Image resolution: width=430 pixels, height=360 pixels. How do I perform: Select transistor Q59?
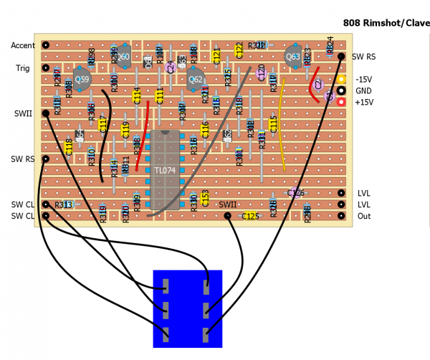82,78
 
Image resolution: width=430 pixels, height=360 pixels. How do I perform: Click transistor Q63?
293,56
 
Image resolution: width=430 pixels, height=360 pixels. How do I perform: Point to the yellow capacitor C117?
102,124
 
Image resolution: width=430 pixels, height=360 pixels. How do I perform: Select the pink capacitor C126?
295,192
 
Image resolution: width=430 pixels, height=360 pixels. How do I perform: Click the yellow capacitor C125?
249,216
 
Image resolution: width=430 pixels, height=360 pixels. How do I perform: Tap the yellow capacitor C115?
273,124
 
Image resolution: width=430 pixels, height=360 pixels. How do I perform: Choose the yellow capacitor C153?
205,199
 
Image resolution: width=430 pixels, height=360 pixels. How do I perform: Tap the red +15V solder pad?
341,103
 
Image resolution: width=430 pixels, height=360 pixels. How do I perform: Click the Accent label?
23,45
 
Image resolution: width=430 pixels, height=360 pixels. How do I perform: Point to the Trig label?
23,68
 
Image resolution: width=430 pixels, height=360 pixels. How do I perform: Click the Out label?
364,216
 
